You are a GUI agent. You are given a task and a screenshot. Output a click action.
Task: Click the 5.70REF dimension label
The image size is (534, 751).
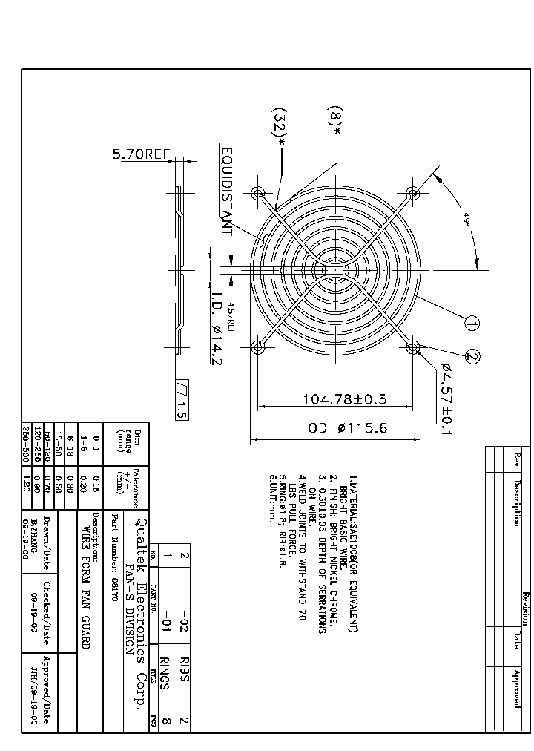(x=140, y=154)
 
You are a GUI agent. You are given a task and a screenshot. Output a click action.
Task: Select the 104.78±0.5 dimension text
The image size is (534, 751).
(x=344, y=399)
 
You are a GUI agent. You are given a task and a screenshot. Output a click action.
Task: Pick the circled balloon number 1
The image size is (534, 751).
(x=472, y=322)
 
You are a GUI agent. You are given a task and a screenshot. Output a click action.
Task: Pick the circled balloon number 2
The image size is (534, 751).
(x=473, y=357)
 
